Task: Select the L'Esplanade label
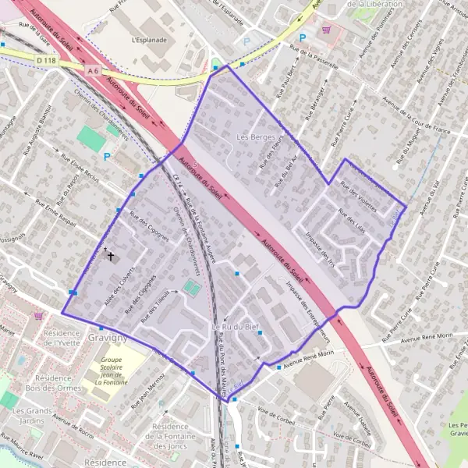click(x=150, y=38)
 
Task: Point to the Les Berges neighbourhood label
click(x=252, y=137)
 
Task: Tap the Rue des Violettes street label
click(x=357, y=200)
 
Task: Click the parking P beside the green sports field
click(x=107, y=156)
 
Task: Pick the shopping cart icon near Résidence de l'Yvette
click(x=38, y=316)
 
